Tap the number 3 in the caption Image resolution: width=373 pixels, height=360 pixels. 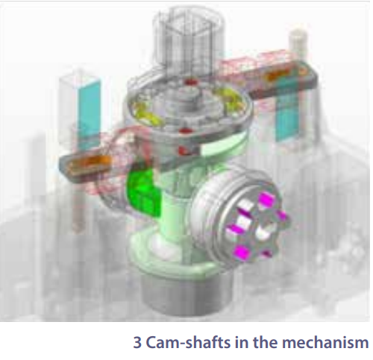click(x=137, y=343)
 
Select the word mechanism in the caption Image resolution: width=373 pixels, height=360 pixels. click(x=325, y=342)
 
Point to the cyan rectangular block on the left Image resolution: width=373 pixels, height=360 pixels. click(x=89, y=112)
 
